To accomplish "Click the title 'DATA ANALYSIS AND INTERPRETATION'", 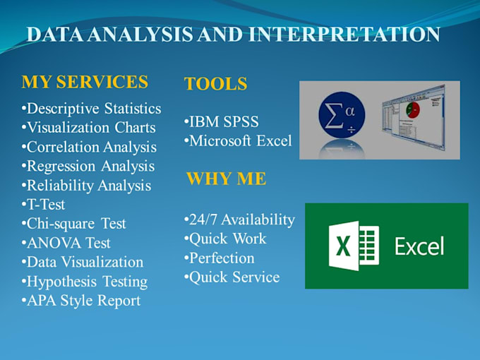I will click(x=233, y=35).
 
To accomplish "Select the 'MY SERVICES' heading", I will click(x=85, y=82).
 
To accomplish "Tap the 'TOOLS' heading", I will click(x=215, y=85).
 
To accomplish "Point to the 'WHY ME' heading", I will click(x=226, y=179).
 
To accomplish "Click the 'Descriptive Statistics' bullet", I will click(x=92, y=109).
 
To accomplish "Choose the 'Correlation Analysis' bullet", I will click(x=90, y=147).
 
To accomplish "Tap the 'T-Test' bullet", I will click(x=44, y=205).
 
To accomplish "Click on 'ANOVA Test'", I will click(x=66, y=243).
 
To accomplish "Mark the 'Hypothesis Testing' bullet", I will click(x=85, y=282).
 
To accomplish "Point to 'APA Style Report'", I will click(x=81, y=301).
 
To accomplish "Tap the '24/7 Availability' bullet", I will click(x=239, y=220).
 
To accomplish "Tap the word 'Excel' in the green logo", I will click(x=419, y=246).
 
